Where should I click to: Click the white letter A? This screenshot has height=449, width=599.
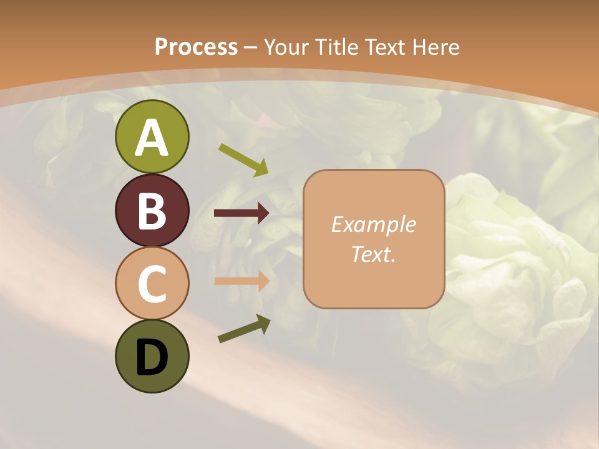pyautogui.click(x=152, y=138)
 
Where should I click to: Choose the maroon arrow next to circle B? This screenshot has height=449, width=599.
pyautogui.click(x=241, y=213)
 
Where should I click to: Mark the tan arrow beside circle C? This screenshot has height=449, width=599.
pyautogui.click(x=241, y=280)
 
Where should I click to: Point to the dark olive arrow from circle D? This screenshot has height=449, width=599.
pyautogui.click(x=244, y=329)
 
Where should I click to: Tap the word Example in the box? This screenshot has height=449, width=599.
pyautogui.click(x=374, y=224)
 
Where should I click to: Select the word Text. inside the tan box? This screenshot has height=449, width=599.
pyautogui.click(x=374, y=254)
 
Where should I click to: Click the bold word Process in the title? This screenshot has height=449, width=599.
pyautogui.click(x=196, y=47)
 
